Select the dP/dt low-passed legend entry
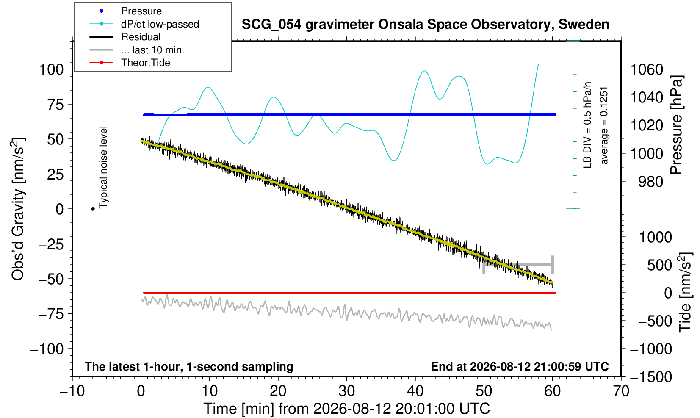tap(144, 24)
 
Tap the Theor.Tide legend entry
tap(130, 63)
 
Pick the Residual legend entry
tap(125, 37)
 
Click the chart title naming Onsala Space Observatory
tap(425, 25)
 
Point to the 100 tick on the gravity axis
tap(51, 69)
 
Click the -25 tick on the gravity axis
tap(51, 244)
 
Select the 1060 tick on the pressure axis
tap(646, 69)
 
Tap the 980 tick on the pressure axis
tap(650, 182)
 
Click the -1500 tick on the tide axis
tap(651, 377)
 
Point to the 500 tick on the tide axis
tap(659, 265)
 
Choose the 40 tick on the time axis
tap(415, 391)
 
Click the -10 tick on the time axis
tap(72, 391)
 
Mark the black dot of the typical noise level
tap(93, 209)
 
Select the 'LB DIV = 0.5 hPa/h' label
tap(587, 125)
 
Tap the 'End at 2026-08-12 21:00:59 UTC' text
tap(520, 366)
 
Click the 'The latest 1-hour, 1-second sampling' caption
tap(189, 367)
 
